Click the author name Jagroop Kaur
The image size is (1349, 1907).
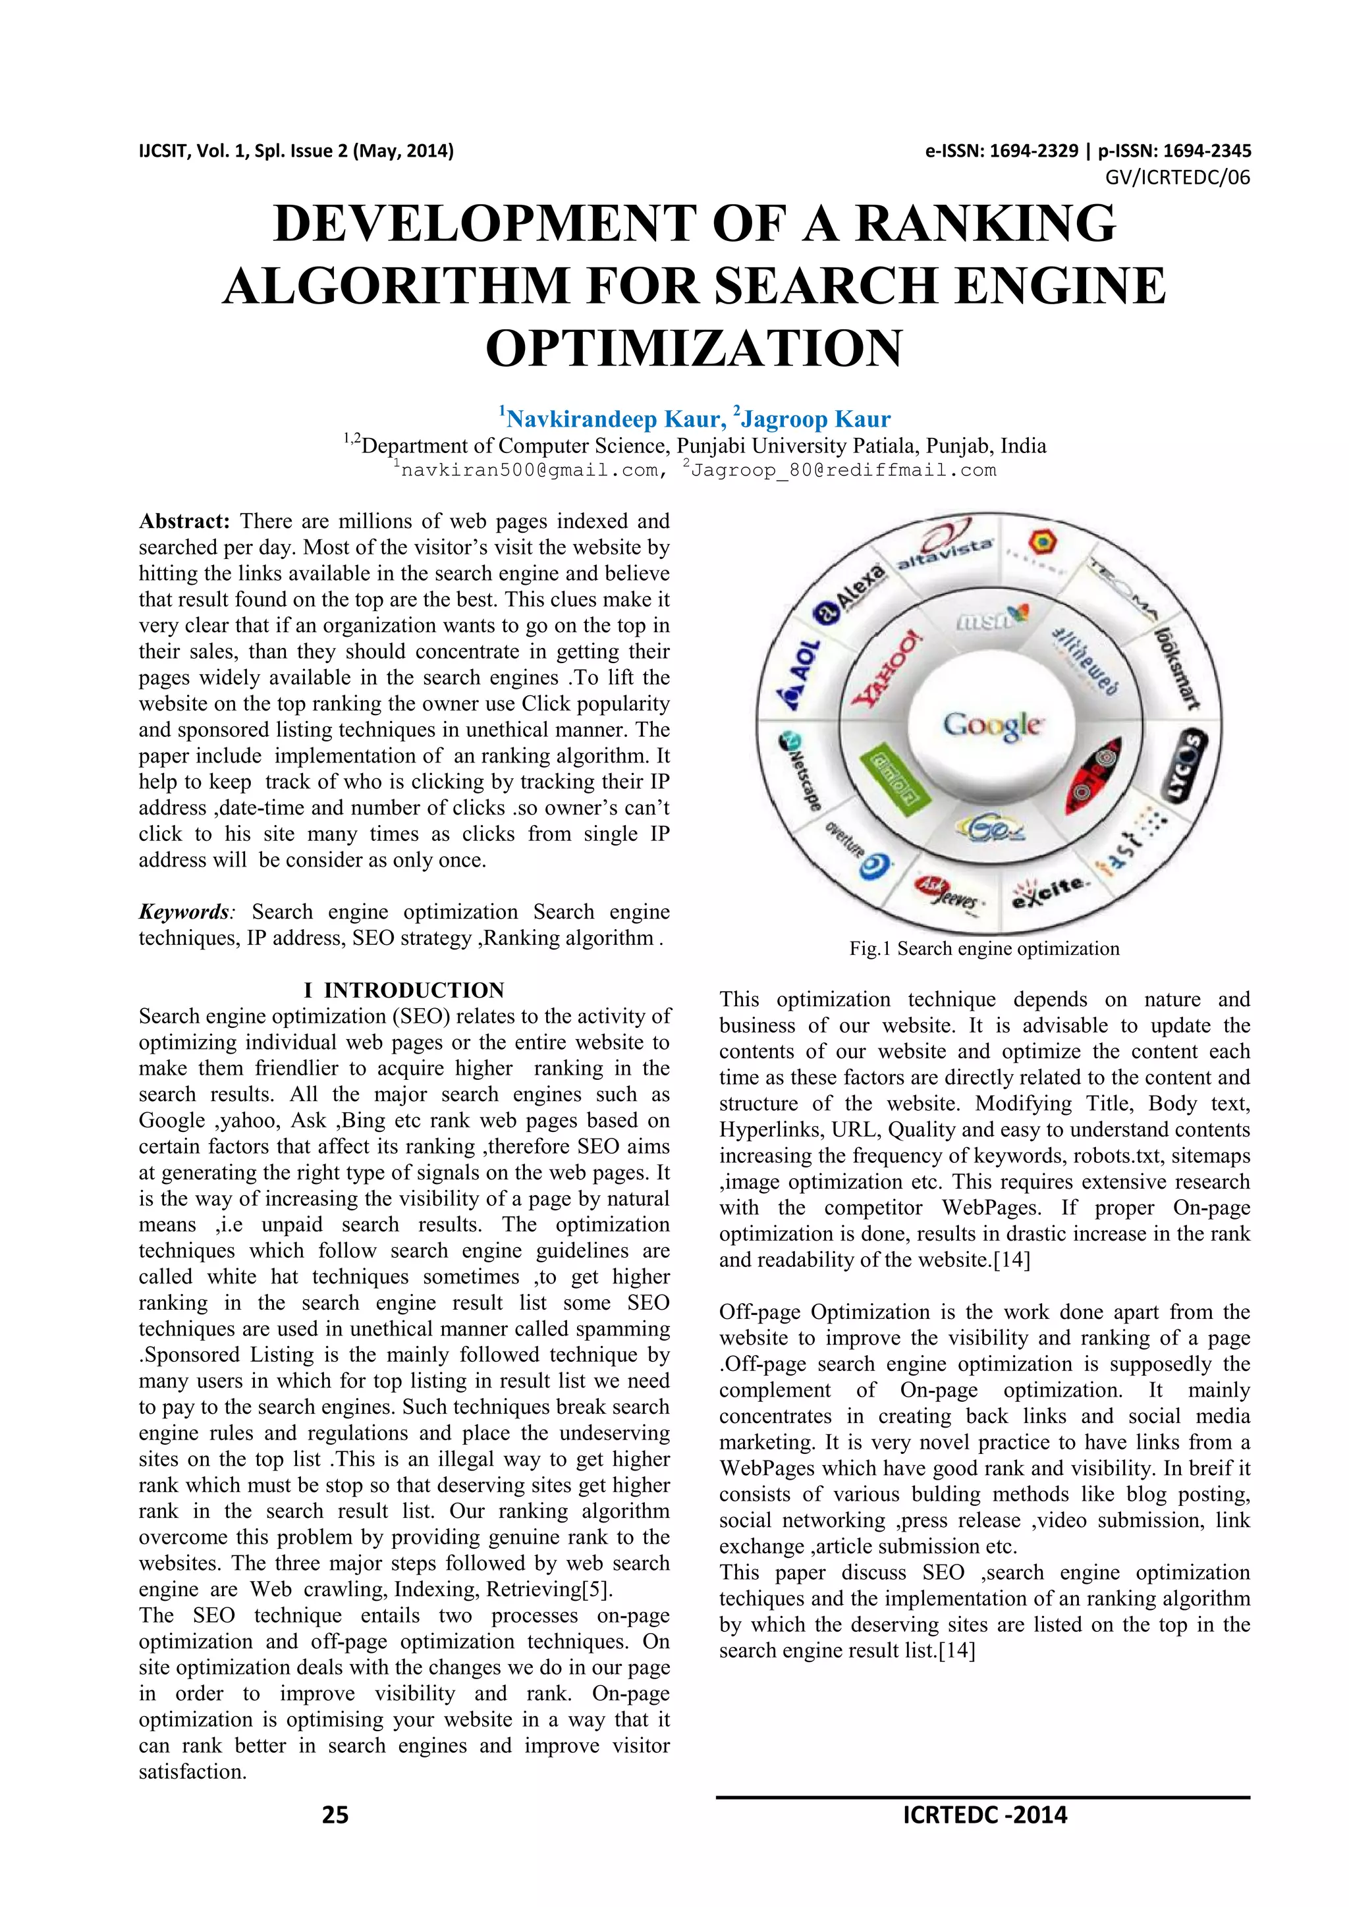815,419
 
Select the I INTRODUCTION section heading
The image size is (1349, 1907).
404,990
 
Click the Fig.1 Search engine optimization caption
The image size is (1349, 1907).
984,948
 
